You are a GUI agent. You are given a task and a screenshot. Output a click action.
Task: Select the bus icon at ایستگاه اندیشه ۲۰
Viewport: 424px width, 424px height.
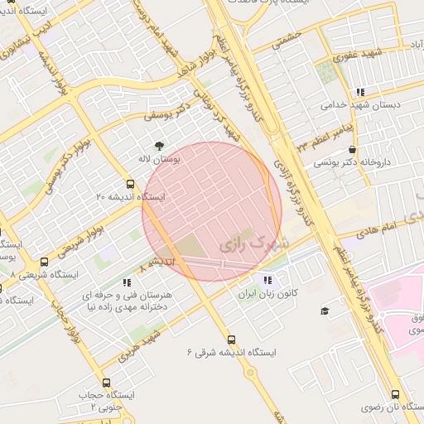129,184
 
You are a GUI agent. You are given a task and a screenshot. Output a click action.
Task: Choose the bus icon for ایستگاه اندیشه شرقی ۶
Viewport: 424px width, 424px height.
231,339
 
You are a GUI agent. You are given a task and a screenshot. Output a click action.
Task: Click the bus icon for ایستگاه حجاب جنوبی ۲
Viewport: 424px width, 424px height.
105,383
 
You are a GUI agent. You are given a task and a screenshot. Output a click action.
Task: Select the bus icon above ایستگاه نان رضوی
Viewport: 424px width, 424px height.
395,395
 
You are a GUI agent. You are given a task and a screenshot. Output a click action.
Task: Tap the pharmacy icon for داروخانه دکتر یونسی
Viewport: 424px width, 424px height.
354,150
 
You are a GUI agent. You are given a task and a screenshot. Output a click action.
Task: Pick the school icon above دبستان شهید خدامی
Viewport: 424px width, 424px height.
359,92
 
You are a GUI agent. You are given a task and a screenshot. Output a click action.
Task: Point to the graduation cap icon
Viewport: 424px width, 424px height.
325,311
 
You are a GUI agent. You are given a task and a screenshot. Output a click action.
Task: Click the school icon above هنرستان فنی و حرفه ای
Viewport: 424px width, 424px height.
126,282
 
